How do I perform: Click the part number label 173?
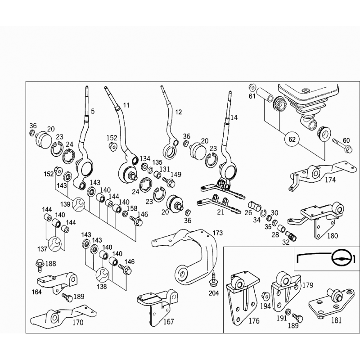pyautogui.click(x=217, y=233)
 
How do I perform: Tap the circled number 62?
pyautogui.click(x=292, y=139)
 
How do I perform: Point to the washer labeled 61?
pyautogui.click(x=252, y=87)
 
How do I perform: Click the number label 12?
pyautogui.click(x=179, y=112)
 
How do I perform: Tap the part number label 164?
pyautogui.click(x=37, y=292)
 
